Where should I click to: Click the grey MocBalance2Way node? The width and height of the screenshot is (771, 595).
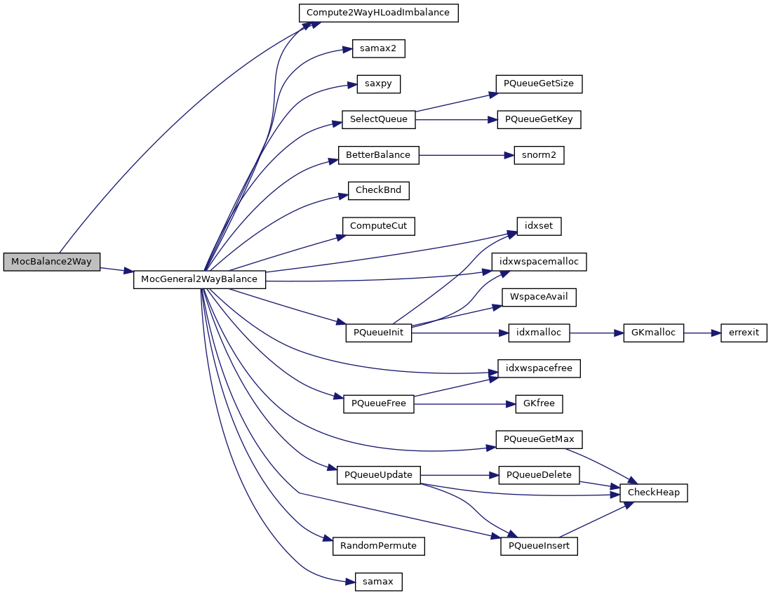point(52,262)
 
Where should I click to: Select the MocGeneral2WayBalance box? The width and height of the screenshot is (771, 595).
point(199,279)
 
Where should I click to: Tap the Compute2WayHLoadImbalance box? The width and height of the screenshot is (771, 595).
point(378,13)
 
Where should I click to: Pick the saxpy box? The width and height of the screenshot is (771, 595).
point(378,83)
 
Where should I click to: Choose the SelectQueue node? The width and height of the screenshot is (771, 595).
point(378,119)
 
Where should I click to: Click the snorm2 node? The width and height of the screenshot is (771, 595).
point(539,155)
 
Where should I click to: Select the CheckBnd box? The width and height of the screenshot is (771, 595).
point(378,190)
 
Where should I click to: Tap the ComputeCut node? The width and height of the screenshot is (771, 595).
point(378,226)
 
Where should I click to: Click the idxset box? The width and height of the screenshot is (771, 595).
point(539,226)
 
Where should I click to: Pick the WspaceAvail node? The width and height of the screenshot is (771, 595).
point(539,297)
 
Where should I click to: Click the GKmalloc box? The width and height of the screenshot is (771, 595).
point(653,333)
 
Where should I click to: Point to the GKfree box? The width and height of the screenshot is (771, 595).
point(539,404)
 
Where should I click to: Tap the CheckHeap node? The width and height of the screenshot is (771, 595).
point(653,493)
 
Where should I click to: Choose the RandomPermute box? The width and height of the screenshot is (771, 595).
point(378,546)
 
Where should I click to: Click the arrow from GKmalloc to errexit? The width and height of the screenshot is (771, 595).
point(702,333)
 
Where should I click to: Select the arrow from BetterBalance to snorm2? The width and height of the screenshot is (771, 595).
point(462,155)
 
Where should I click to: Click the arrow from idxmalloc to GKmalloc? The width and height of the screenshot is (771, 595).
point(596,333)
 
